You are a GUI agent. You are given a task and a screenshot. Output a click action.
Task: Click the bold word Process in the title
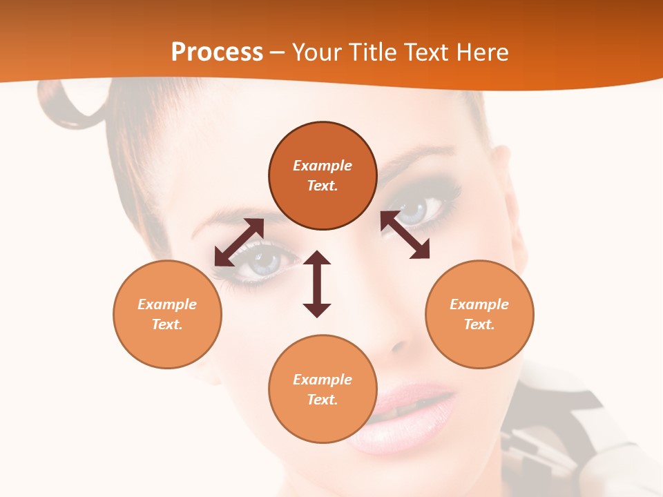217,52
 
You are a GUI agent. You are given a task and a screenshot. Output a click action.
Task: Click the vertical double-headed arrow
317,284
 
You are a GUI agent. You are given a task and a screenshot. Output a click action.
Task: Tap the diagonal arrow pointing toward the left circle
239,242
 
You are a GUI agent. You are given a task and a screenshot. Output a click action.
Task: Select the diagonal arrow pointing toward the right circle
405,235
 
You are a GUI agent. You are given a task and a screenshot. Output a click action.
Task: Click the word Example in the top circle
323,166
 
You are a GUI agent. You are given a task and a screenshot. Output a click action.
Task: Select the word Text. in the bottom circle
323,400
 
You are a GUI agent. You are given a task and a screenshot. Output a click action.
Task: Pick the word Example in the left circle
167,304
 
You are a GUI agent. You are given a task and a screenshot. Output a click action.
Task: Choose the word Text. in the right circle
479,324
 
